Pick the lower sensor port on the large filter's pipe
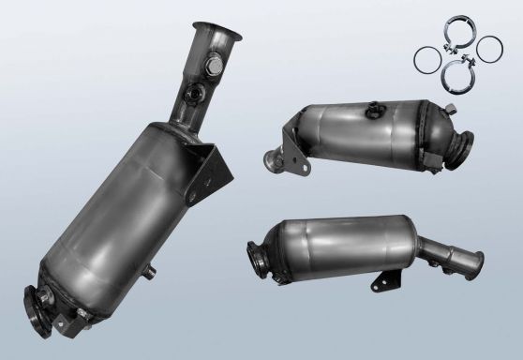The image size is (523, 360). point(194,95)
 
